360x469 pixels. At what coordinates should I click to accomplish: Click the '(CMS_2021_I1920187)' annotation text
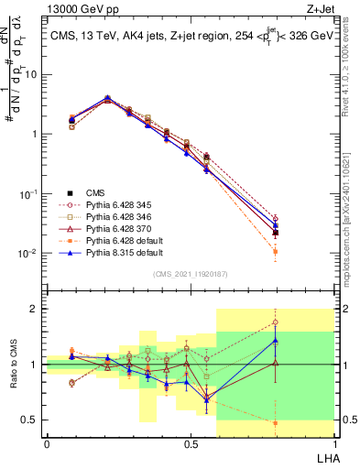190,272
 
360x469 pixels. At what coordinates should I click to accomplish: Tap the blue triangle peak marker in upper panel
107,97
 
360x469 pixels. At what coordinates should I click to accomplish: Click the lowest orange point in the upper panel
276,251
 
